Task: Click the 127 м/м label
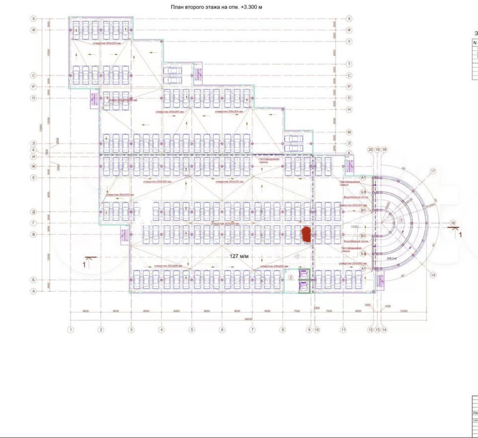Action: pyautogui.click(x=239, y=256)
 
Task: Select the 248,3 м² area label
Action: pyautogui.click(x=392, y=258)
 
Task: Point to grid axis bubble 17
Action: pyautogui.click(x=433, y=171)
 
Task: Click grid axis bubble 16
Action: pyautogui.click(x=453, y=223)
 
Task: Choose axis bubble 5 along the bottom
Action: pyautogui.click(x=192, y=329)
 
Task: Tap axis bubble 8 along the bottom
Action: pyautogui.click(x=283, y=329)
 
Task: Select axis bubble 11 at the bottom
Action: pyautogui.click(x=343, y=329)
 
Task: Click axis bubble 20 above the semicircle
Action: pyautogui.click(x=370, y=150)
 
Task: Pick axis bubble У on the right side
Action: pyautogui.click(x=349, y=42)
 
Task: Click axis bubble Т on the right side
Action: pyautogui.click(x=349, y=64)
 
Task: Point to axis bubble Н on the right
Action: pyautogui.click(x=349, y=110)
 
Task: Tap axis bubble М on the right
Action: pyautogui.click(x=349, y=132)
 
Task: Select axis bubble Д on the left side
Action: pyautogui.click(x=33, y=211)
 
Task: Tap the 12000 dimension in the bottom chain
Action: pyautogui.click(x=404, y=311)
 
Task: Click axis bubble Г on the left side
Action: pyautogui.click(x=33, y=223)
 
